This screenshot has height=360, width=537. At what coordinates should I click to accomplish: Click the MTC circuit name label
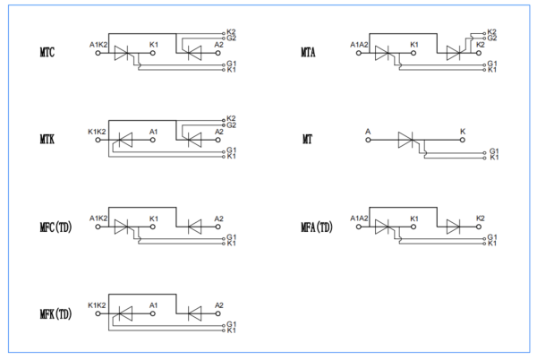47,54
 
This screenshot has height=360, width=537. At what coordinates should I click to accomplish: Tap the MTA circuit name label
309,54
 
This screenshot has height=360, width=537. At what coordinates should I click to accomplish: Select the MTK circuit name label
47,141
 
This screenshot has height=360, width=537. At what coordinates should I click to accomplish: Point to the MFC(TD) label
55,227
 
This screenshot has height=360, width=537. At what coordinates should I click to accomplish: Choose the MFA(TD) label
317,227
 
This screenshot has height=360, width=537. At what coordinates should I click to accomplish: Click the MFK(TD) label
55,314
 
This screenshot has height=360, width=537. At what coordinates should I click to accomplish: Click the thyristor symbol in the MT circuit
413,141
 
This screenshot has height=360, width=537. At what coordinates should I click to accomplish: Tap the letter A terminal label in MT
368,132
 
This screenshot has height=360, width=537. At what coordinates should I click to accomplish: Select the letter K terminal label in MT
463,132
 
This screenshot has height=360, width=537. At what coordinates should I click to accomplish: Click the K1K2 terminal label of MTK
98,132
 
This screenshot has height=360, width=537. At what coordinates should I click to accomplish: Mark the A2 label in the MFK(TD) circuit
219,305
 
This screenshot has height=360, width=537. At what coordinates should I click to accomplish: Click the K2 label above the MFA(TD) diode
481,219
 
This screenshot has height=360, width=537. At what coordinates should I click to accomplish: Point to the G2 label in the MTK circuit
232,124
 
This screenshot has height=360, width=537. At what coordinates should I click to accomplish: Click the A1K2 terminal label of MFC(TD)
98,219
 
